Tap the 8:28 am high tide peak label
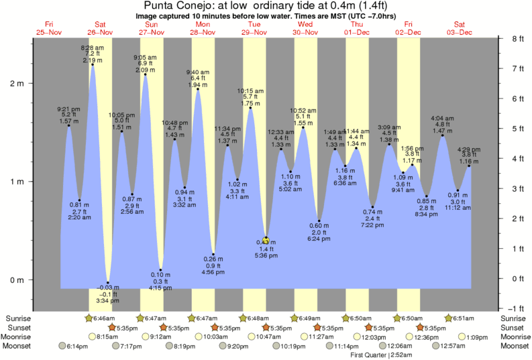pos(92,48)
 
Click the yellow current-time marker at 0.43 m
pos(266,241)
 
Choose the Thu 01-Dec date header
pos(356,28)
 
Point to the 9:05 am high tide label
pos(145,58)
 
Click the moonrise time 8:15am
pos(105,337)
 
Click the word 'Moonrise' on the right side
pos(513,337)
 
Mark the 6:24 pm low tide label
pos(319,238)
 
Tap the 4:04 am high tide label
pos(442,118)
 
